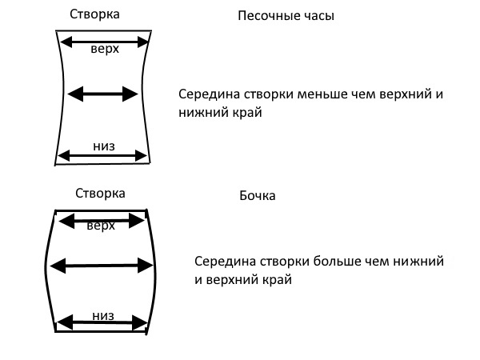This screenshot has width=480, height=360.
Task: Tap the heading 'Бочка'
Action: [258, 196]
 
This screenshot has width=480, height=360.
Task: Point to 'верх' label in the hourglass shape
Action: [106, 50]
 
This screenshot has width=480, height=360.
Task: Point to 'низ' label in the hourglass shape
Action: [104, 146]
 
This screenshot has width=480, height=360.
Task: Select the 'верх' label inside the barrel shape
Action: [101, 226]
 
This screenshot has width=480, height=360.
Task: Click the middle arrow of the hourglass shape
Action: [103, 94]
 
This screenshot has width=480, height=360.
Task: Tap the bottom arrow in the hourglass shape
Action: [103, 155]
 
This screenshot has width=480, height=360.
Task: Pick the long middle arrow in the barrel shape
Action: [101, 264]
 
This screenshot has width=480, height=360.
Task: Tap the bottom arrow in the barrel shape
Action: [103, 323]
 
